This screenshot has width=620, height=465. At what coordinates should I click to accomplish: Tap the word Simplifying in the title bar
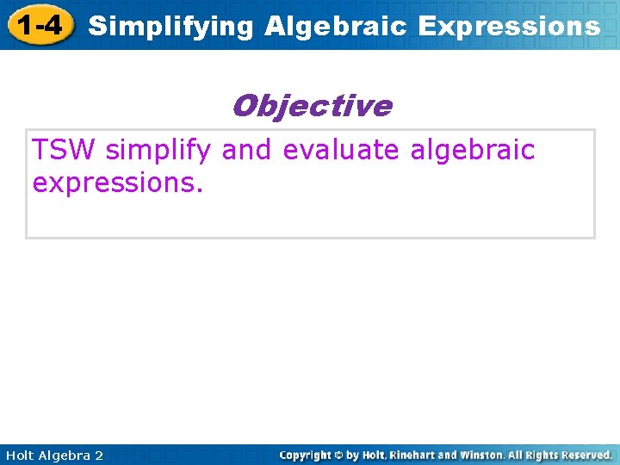pyautogui.click(x=171, y=27)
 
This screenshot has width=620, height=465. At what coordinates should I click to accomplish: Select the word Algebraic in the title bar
pyautogui.click(x=336, y=27)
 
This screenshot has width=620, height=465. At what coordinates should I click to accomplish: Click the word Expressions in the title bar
pyautogui.click(x=509, y=27)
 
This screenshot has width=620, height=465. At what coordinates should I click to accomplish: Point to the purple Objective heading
pyautogui.click(x=311, y=106)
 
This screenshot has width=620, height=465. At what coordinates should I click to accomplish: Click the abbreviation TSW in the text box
pyautogui.click(x=65, y=150)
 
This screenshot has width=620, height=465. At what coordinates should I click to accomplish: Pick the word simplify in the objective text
pyautogui.click(x=158, y=151)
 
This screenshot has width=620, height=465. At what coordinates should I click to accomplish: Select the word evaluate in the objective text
pyautogui.click(x=341, y=150)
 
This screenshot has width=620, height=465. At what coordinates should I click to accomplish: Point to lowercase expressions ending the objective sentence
pyautogui.click(x=117, y=183)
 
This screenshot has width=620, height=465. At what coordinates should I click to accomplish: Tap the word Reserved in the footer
pyautogui.click(x=585, y=455)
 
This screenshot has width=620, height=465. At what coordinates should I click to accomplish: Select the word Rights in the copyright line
pyautogui.click(x=539, y=455)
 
